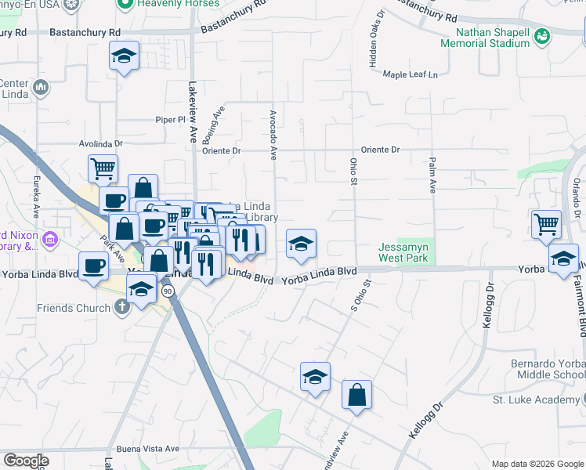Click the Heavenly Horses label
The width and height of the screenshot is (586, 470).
pos(168,5)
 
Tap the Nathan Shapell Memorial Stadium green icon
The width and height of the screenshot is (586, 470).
pos(541,36)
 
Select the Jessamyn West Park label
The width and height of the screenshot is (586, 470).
pos(403,251)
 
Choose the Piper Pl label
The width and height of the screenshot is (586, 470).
pos(168,120)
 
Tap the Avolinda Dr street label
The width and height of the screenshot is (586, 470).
pos(102,144)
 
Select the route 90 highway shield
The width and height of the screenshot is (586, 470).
pos(168,291)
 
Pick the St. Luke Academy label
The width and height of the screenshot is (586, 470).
pos(546,400)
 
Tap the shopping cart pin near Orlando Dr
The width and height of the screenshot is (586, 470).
pos(546,224)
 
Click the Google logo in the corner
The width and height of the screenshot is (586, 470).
pos(26,461)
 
